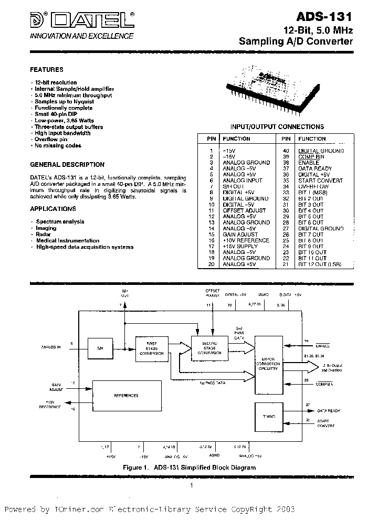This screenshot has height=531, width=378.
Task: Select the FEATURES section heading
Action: (47, 69)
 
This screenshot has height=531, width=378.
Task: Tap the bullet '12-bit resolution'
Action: (56, 82)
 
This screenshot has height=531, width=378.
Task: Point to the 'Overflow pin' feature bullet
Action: (51, 140)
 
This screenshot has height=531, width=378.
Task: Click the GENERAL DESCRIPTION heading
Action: (67, 164)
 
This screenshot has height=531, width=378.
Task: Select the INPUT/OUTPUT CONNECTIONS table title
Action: (277, 126)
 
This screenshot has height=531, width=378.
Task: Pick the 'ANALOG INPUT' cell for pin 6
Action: (243, 180)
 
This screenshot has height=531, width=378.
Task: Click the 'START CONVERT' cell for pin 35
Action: (320, 180)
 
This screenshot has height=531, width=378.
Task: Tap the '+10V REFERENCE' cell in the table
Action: (246, 240)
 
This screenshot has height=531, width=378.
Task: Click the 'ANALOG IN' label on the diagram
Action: (51, 347)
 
